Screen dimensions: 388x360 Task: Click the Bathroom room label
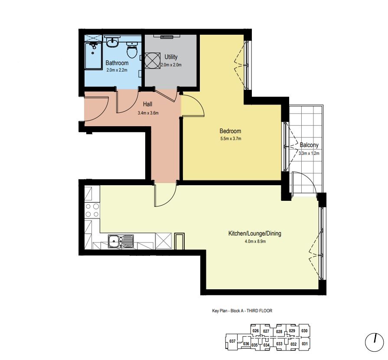[117, 63]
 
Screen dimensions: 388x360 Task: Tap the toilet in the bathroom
[132, 49]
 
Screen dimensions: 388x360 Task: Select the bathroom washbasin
[112, 42]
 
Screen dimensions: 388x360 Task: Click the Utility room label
[171, 57]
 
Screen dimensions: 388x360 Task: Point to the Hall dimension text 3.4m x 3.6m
[148, 113]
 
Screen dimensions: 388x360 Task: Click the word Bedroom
[230, 131]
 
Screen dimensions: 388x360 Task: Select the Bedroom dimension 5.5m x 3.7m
[231, 139]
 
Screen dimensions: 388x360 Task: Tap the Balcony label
[309, 145]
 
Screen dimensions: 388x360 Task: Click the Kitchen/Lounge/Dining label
[254, 233]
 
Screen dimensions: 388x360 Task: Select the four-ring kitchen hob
[92, 210]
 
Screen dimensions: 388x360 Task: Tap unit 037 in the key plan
[232, 341]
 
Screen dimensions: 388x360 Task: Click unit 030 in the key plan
[305, 331]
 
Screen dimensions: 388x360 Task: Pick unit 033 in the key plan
[279, 344]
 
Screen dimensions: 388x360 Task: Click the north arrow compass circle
[375, 342]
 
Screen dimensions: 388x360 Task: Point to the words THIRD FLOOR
[259, 311]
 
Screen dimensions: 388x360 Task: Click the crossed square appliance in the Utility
[152, 61]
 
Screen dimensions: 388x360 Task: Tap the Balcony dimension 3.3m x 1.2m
[309, 153]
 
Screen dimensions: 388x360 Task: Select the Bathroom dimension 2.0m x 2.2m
[117, 70]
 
